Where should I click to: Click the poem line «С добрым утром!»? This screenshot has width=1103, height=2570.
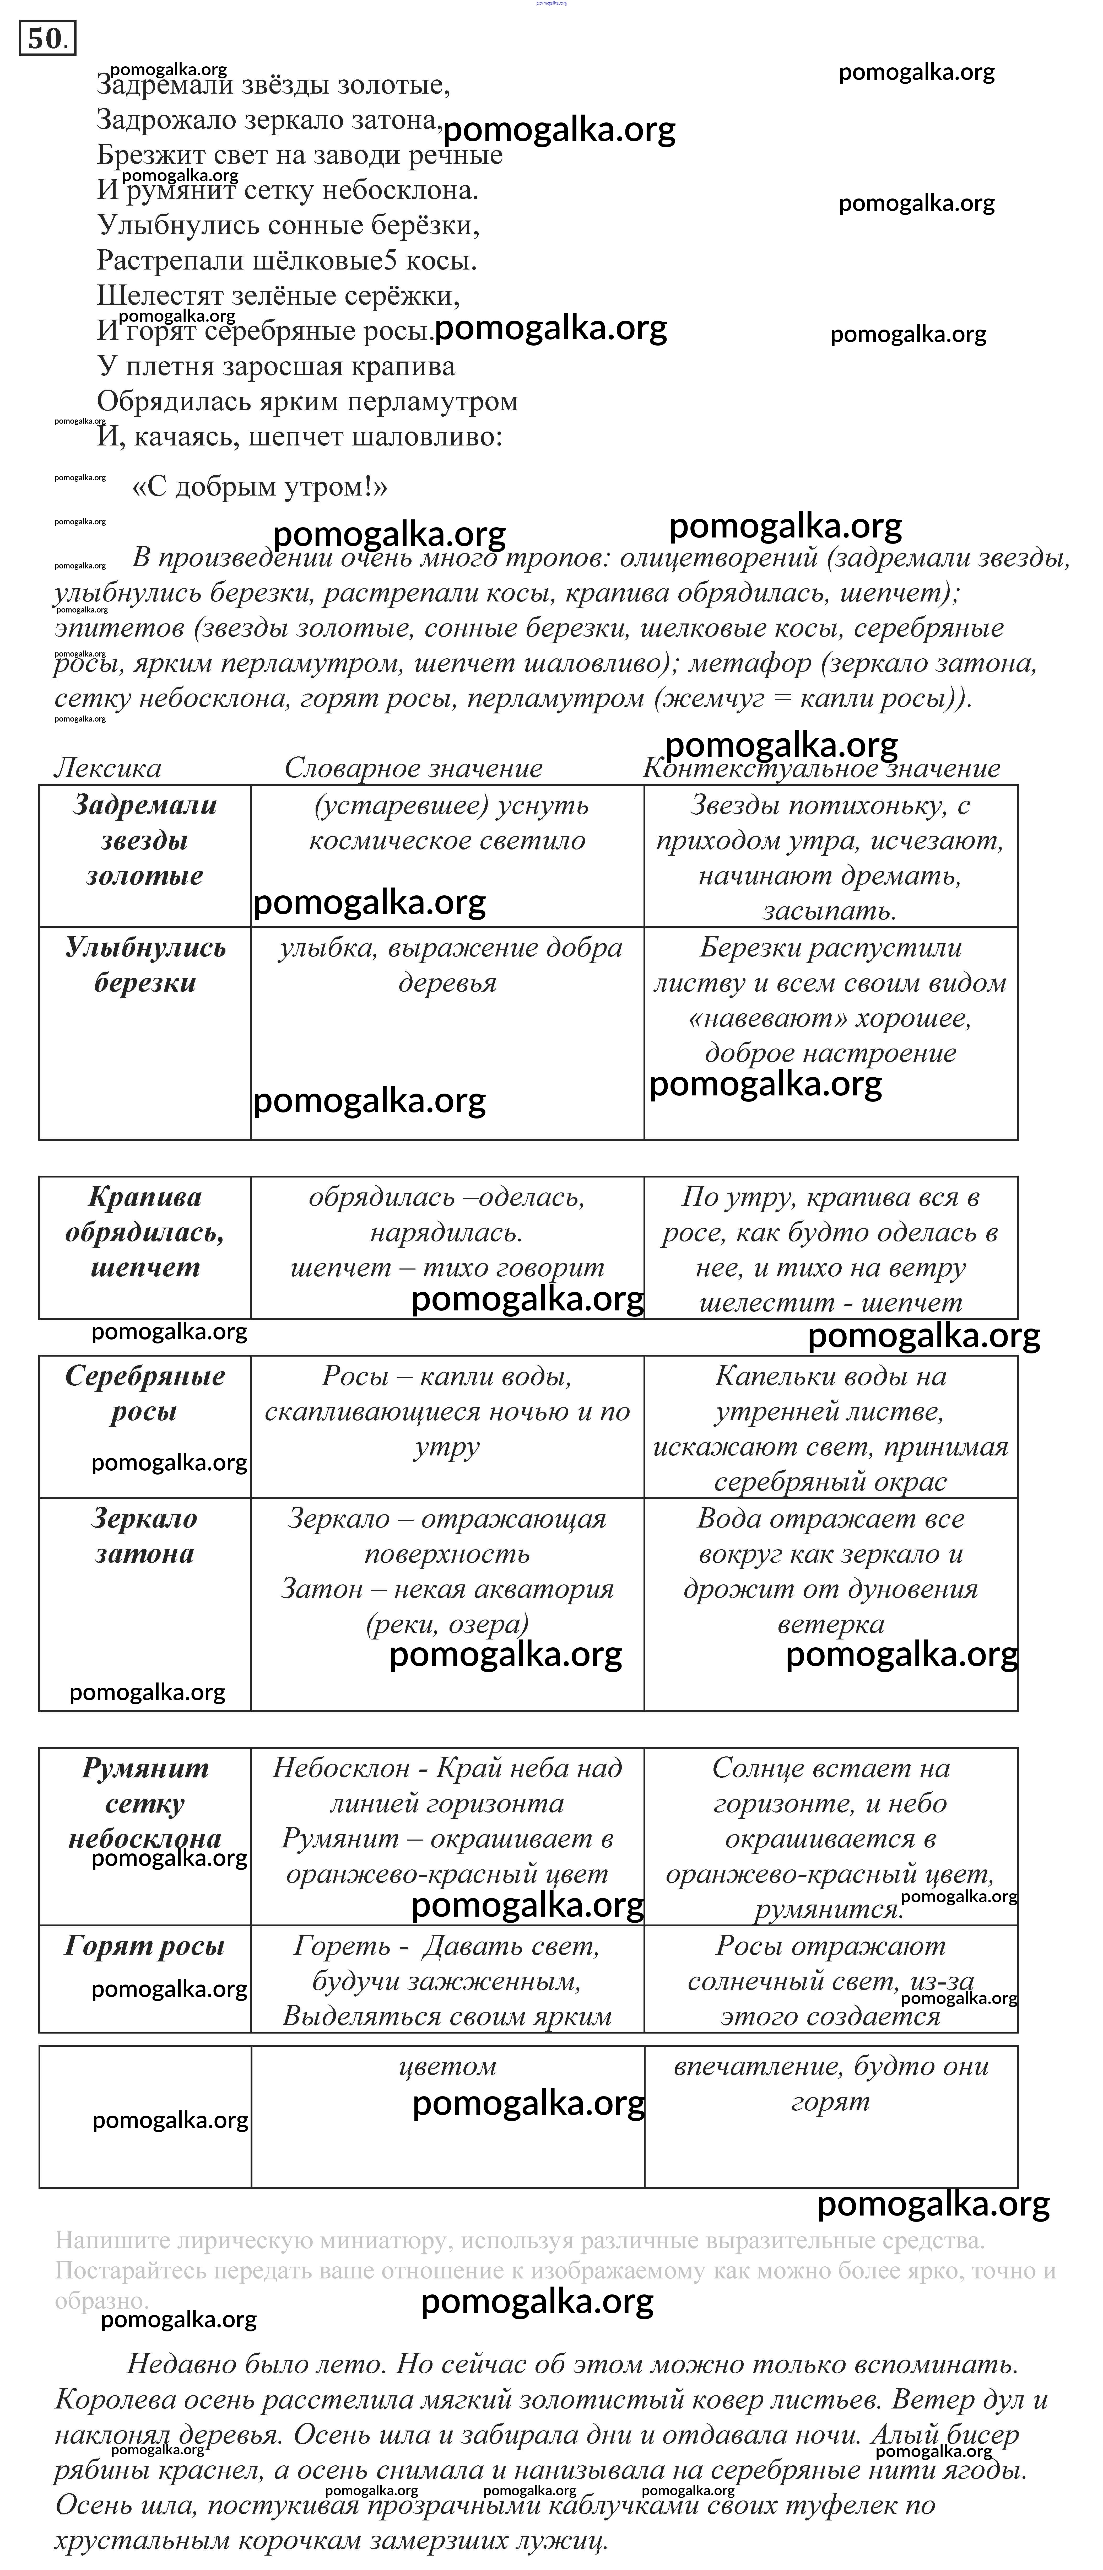point(259,487)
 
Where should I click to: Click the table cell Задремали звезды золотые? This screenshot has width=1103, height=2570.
point(145,840)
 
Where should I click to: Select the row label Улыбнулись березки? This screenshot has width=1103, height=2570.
point(145,965)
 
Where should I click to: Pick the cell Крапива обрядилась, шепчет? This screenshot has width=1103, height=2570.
point(145,1232)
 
